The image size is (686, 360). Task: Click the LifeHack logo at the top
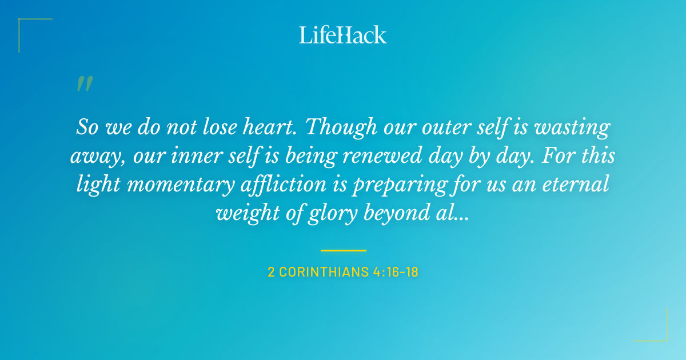coord(343,35)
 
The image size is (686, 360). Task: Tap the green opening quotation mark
coord(85,85)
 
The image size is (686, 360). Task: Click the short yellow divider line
coord(343,250)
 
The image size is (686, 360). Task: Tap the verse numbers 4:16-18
coord(394,272)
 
